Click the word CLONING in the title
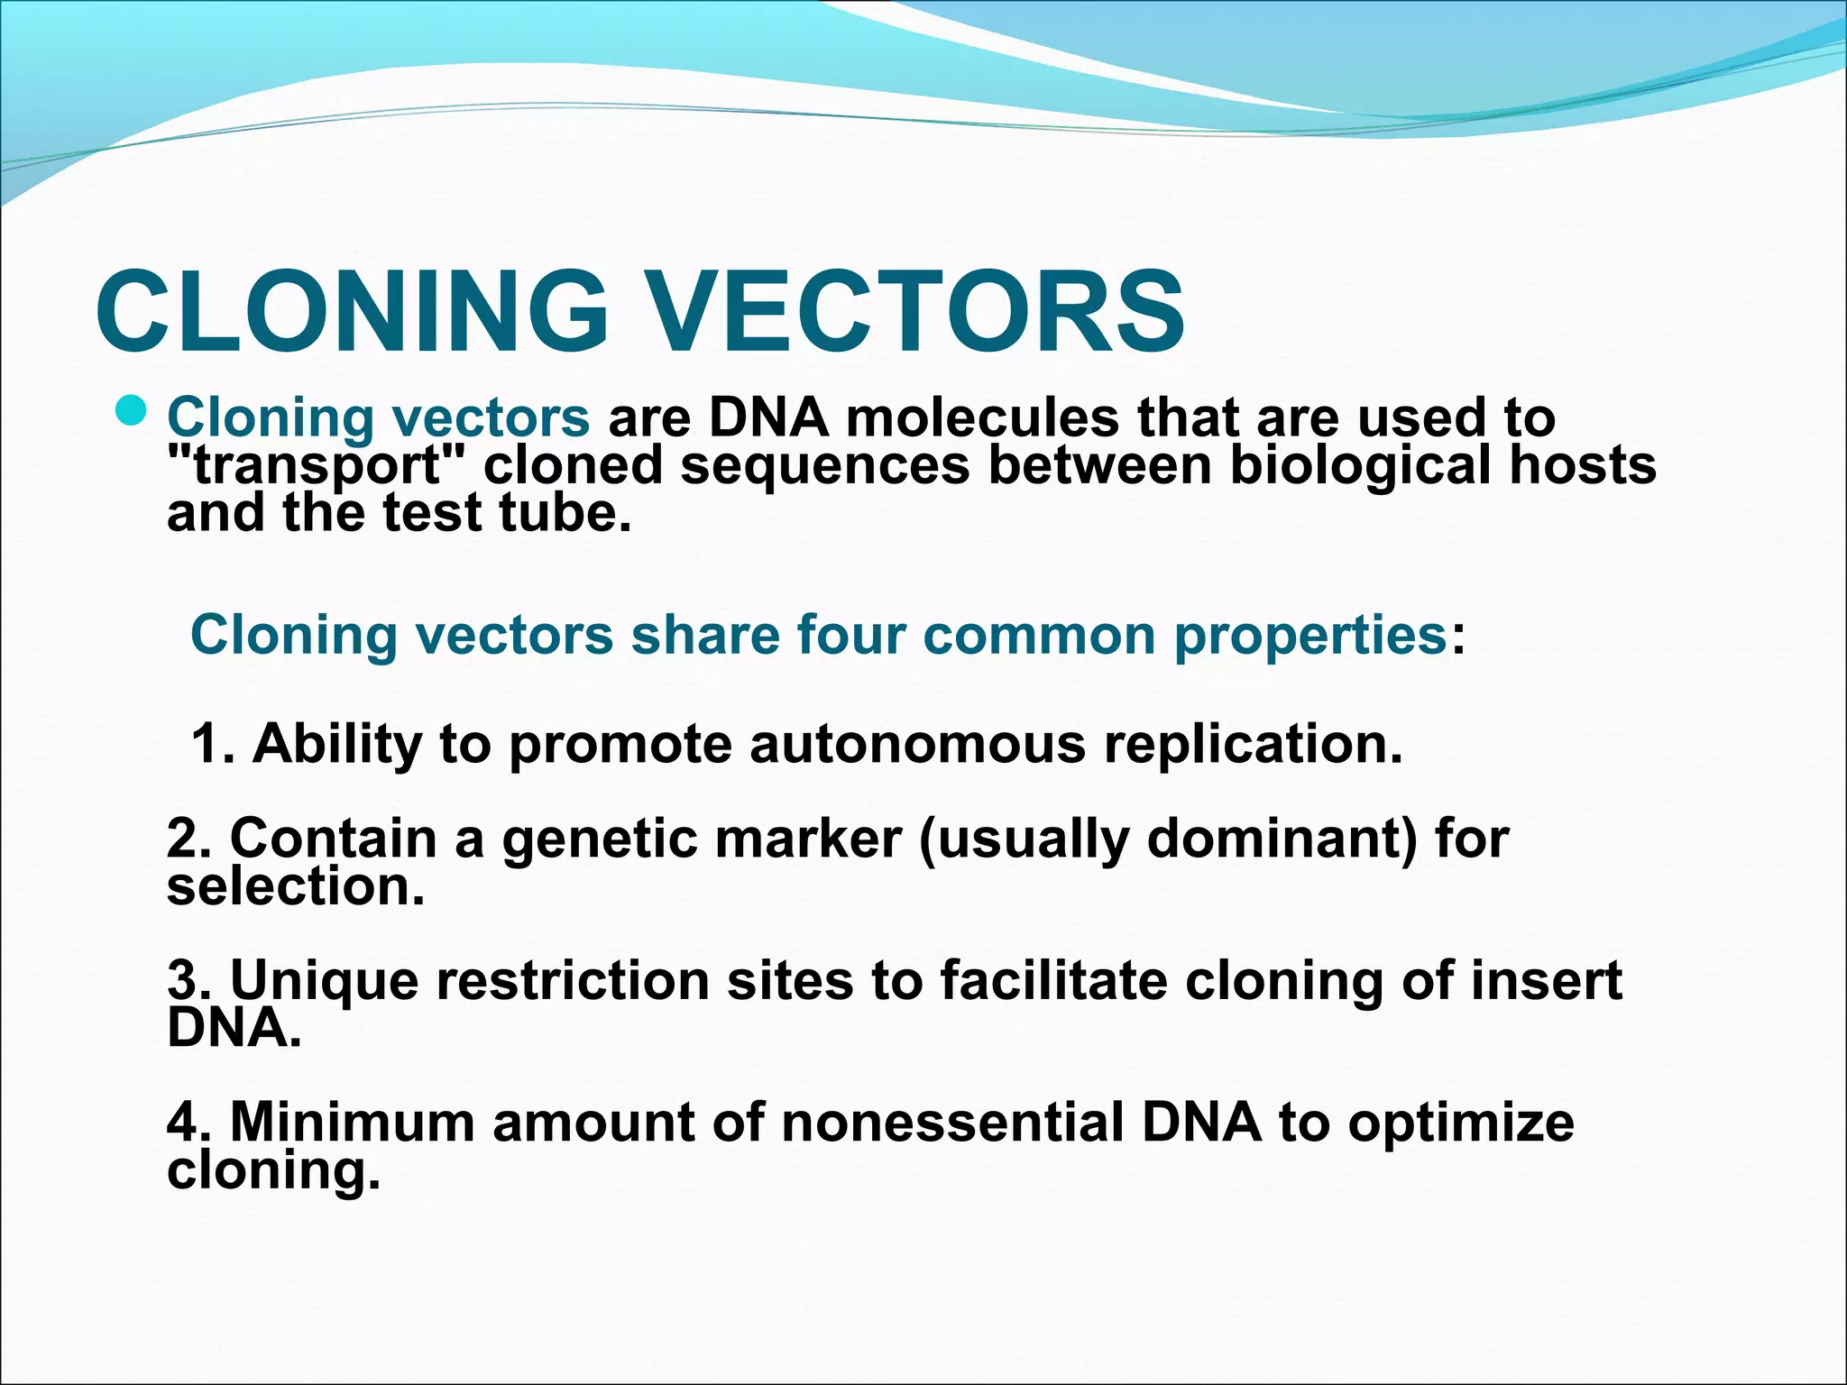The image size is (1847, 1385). coord(352,311)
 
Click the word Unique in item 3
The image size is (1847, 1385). coord(325,981)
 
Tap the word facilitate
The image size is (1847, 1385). coord(1053,980)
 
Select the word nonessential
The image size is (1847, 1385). coord(952,1123)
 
